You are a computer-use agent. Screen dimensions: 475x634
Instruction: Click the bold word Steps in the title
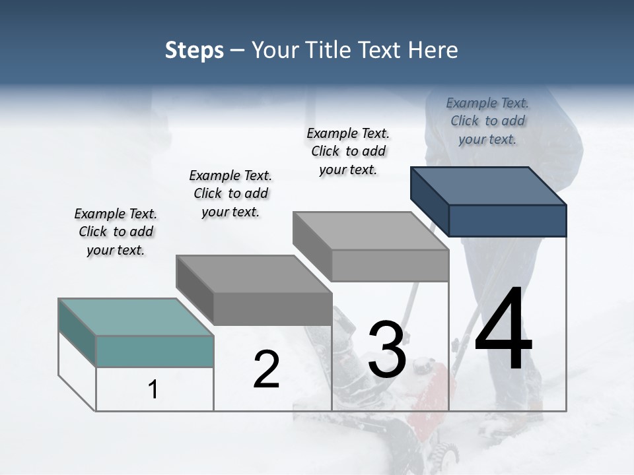194,50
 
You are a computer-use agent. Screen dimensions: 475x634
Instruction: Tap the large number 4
503,329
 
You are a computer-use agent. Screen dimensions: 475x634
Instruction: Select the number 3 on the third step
387,350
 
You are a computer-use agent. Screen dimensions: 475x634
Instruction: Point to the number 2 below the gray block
267,369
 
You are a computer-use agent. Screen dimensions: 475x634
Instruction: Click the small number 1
153,389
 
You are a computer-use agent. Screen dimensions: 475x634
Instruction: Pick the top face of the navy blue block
489,186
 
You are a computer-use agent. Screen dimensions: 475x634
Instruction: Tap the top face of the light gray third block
370,231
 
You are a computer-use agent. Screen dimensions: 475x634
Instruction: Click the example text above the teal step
116,232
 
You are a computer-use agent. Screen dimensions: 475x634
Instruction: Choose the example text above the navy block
487,121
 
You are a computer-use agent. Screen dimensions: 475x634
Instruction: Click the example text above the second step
230,193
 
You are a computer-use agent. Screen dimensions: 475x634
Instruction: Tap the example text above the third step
348,151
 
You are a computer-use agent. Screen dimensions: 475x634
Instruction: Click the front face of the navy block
507,220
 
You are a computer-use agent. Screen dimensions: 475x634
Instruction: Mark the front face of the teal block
155,351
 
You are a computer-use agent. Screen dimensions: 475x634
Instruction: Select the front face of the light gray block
390,265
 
